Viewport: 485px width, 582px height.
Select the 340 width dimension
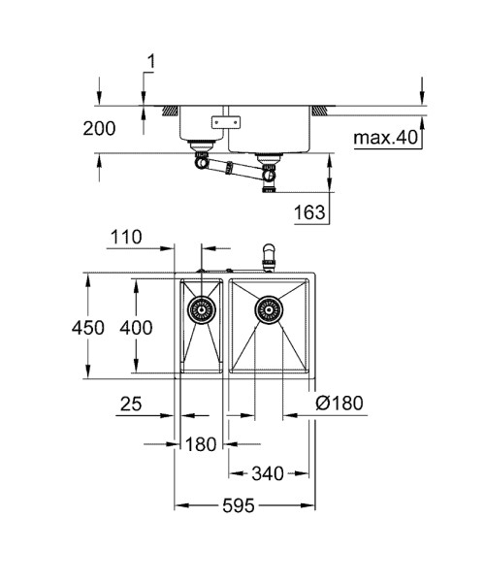[267, 474]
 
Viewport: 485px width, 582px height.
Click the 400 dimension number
[136, 328]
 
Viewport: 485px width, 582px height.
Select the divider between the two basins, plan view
[227, 328]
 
